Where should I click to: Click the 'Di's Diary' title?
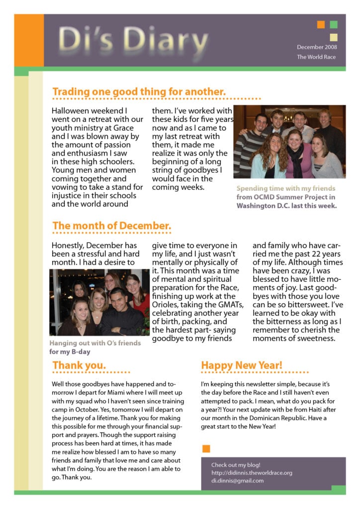point(133,40)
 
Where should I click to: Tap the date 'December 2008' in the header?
point(317,47)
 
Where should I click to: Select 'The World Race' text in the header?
point(316,57)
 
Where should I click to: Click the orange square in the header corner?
point(321,24)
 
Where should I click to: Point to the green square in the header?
point(334,24)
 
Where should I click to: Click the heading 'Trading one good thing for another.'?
point(139,91)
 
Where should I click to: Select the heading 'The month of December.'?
point(112,226)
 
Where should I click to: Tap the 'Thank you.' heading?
point(79,365)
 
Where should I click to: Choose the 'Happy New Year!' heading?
point(242,365)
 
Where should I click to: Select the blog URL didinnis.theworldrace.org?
point(252,473)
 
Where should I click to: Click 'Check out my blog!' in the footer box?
point(236,465)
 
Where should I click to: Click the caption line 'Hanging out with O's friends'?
point(95,343)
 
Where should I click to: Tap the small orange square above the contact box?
point(206,449)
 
